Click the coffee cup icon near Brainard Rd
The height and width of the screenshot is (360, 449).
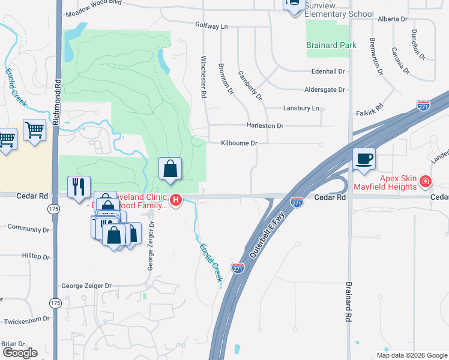364,160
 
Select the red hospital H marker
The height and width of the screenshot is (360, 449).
176,200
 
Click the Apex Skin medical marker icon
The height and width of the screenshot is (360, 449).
425,181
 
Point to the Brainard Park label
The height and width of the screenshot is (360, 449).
331,45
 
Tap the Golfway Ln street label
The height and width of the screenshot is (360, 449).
212,26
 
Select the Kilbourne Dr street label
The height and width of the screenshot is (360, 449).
239,143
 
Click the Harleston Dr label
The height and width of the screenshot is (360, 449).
264,126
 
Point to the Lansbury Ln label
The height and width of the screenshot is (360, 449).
301,108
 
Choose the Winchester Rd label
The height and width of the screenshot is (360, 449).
203,77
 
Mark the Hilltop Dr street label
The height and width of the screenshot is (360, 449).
35,256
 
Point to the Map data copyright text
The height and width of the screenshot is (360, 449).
412,355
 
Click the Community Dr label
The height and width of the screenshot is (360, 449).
28,229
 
